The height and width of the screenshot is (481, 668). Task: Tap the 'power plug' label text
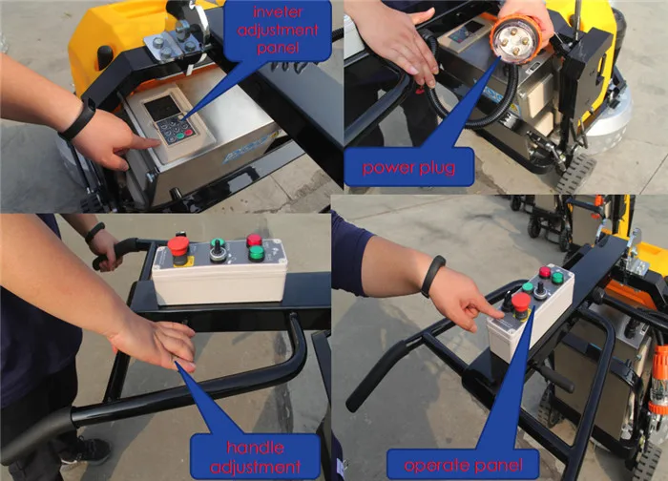408,167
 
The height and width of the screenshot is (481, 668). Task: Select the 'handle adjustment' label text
255,457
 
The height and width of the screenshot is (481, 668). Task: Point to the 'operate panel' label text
463,465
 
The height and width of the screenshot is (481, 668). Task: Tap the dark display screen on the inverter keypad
161,108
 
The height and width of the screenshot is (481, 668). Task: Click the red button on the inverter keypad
189,133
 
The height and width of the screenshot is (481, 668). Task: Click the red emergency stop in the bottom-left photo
178,245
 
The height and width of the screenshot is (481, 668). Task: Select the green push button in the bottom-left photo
256,253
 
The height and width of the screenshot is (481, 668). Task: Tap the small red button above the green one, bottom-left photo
254,240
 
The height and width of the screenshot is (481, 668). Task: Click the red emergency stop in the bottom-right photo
520,303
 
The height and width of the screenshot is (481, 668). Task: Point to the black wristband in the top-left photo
79,120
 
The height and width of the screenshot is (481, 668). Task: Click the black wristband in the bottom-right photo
431,276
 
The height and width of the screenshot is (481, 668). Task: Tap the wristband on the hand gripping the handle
94,233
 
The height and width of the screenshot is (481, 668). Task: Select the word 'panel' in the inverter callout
278,47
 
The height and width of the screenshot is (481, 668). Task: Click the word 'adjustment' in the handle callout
255,468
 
